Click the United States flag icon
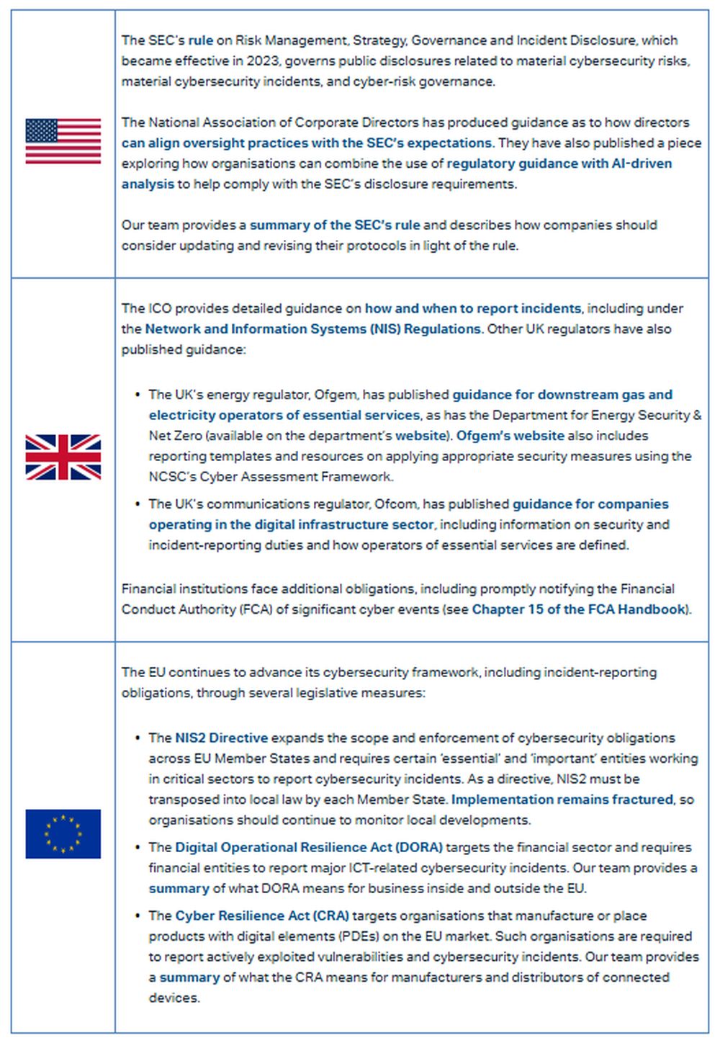[63, 142]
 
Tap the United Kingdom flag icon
[63, 457]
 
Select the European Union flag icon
[63, 834]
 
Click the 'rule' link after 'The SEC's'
[201, 40]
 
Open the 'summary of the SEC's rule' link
[335, 225]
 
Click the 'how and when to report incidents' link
[472, 308]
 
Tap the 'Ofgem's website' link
[510, 436]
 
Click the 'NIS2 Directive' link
[222, 738]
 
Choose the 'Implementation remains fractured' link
[562, 800]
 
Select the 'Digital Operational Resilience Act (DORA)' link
[309, 848]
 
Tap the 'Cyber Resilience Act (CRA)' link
[262, 916]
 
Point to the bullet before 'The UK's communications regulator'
[138, 504]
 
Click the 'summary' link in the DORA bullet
[179, 889]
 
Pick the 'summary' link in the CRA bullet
[189, 977]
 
